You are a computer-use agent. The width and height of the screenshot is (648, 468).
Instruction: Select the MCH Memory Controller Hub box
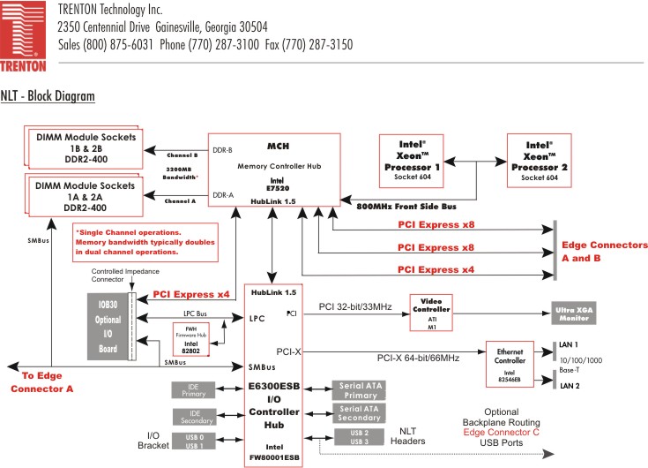coord(272,170)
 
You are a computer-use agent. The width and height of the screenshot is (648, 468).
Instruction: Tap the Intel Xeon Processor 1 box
coord(421,160)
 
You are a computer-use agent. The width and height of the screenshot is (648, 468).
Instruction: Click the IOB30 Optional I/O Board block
coord(108,321)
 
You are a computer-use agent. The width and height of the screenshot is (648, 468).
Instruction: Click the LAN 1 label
coord(570,343)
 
